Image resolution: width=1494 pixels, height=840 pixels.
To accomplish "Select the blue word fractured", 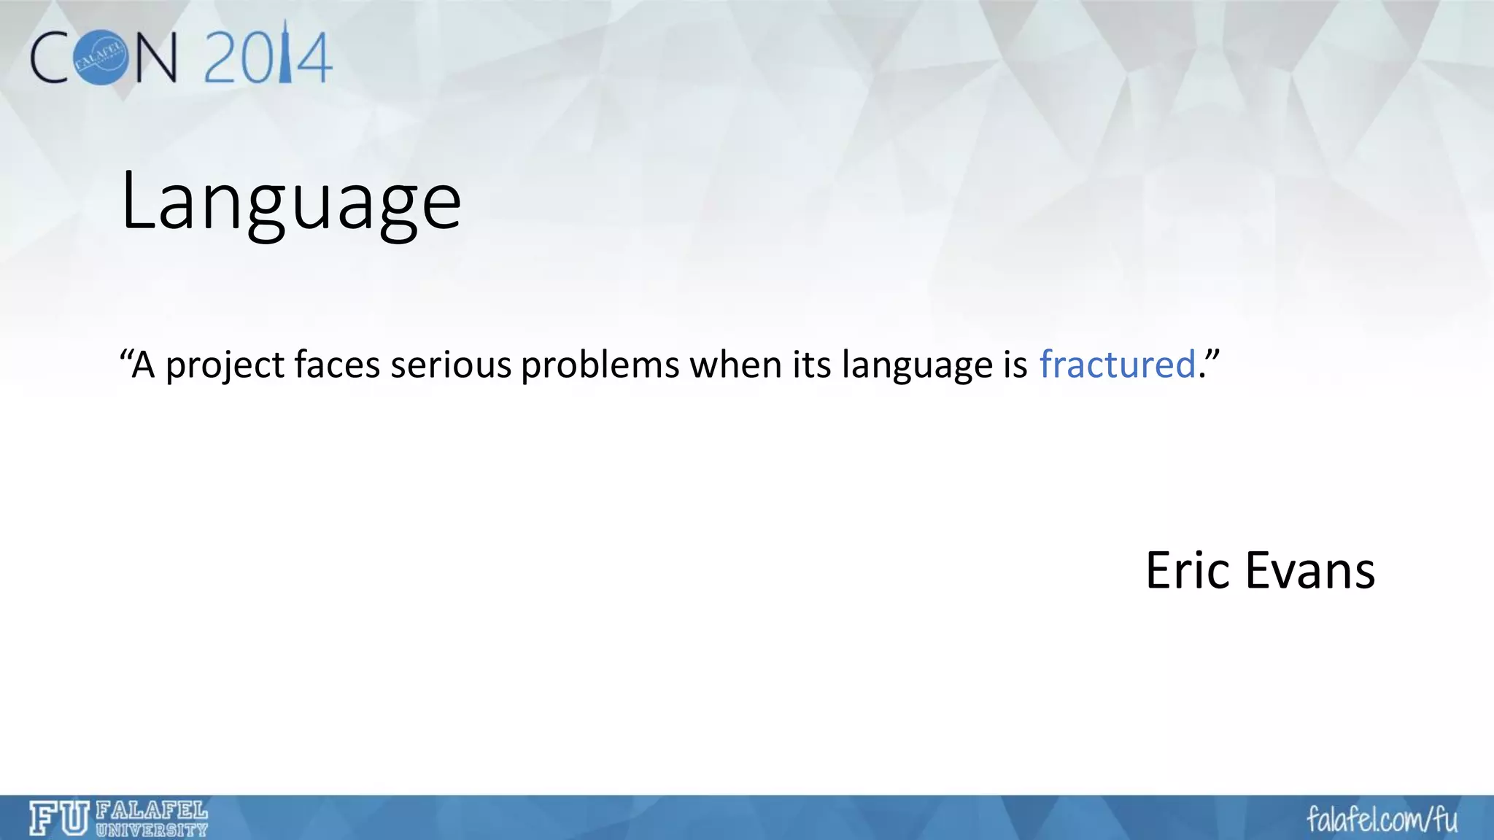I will pos(1117,365).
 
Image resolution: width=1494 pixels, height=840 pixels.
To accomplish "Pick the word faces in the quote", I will pos(337,365).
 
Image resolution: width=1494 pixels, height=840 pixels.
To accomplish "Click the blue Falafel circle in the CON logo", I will pos(101,58).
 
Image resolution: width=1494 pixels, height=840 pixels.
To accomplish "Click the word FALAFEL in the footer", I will pos(152,810).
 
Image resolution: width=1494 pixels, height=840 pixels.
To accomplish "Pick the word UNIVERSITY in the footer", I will pos(152,830).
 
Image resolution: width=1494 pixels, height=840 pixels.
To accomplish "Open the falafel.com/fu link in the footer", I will pos(1382,819).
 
